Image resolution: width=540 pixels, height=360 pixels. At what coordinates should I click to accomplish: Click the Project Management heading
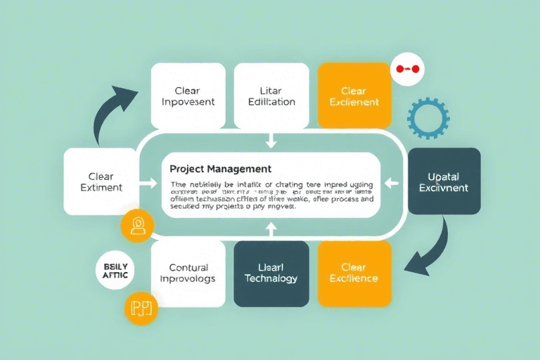pyautogui.click(x=220, y=169)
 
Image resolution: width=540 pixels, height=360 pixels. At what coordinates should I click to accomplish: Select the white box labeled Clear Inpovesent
pyautogui.click(x=188, y=96)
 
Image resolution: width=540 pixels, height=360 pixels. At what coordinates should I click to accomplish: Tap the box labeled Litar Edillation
pyautogui.click(x=271, y=96)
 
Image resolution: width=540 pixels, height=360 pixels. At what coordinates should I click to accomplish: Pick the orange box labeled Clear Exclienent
pyautogui.click(x=354, y=96)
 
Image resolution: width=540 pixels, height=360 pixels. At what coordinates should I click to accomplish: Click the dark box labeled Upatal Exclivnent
pyautogui.click(x=444, y=181)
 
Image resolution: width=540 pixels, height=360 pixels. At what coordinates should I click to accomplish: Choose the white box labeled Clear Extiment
pyautogui.click(x=101, y=181)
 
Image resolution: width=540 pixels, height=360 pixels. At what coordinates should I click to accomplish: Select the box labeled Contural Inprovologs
pyautogui.click(x=188, y=274)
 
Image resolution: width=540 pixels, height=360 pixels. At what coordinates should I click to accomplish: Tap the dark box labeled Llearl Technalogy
pyautogui.click(x=271, y=274)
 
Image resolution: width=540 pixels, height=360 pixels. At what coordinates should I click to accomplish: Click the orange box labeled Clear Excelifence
pyautogui.click(x=354, y=274)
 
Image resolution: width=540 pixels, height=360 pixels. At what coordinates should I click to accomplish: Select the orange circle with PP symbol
pyautogui.click(x=141, y=307)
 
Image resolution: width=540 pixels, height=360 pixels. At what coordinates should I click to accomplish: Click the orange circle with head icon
pyautogui.click(x=137, y=226)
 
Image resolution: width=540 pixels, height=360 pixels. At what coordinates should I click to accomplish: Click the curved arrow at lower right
pyautogui.click(x=430, y=250)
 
